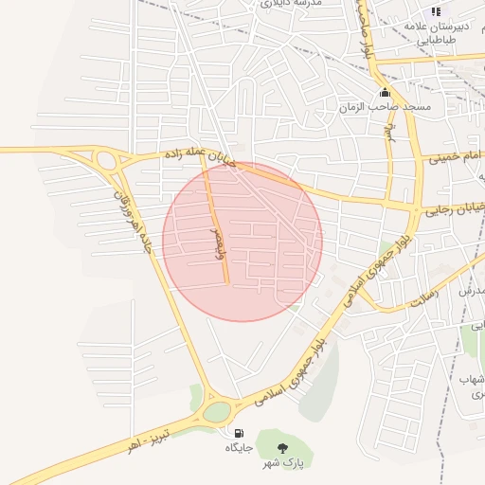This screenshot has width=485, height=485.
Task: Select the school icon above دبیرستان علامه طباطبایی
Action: (x=436, y=11)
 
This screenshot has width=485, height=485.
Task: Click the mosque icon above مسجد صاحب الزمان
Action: (x=385, y=93)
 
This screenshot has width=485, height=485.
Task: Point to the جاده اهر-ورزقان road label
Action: (x=133, y=220)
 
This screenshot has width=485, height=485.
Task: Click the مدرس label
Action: (x=472, y=292)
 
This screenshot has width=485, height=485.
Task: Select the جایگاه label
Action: (x=237, y=447)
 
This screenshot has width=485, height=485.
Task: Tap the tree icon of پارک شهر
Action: (x=281, y=448)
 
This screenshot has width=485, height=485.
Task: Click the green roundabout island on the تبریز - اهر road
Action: (x=217, y=411)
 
